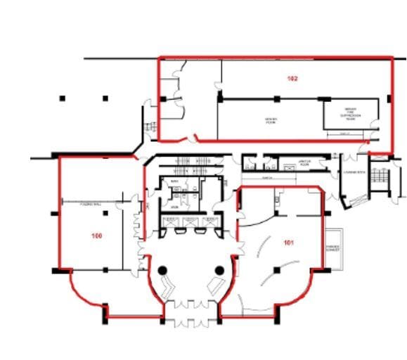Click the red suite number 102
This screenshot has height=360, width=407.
coord(292,79)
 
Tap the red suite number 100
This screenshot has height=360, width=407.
coord(97,236)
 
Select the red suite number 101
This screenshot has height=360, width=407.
coord(288,243)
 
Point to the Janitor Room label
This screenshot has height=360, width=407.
coord(304,162)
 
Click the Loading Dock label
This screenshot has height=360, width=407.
coord(351,172)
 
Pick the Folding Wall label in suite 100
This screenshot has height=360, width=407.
coord(74,202)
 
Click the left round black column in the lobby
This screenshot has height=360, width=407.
coord(162,270)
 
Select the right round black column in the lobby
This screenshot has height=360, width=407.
coord(219,270)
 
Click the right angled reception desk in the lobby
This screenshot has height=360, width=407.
coord(213,285)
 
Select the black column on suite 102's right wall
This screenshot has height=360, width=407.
coord(391,98)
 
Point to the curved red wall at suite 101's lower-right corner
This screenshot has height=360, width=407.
coord(299,293)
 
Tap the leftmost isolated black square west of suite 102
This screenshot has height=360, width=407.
coord(63,98)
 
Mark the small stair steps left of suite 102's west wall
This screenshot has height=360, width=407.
coord(150,127)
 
